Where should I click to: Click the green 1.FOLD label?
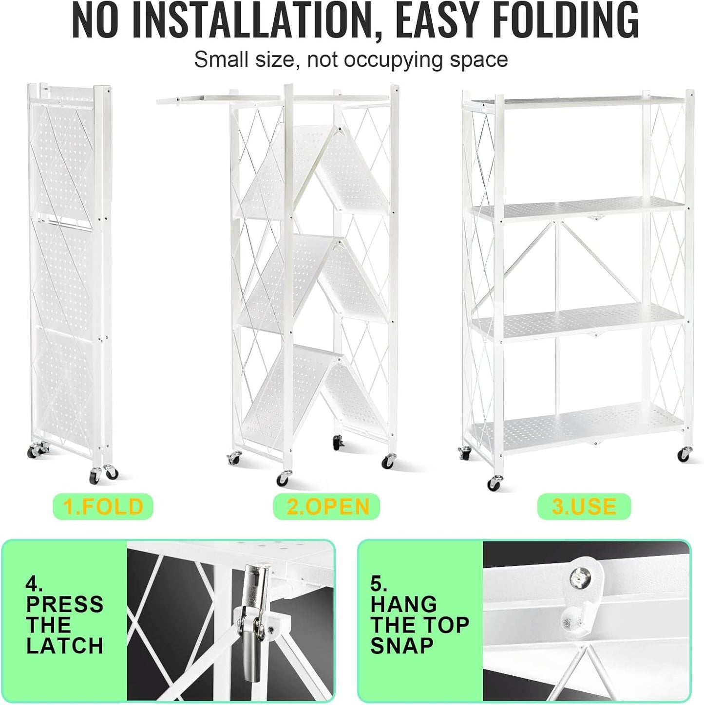[103, 506]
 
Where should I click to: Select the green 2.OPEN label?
[327, 506]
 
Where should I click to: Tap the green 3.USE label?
[584, 506]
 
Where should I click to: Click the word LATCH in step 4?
[64, 647]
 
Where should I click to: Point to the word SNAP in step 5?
[402, 647]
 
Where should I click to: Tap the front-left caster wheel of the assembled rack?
[494, 483]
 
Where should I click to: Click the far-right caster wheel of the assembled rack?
[685, 455]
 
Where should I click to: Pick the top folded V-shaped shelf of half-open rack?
[312, 170]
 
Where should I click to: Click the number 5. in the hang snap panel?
[380, 583]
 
